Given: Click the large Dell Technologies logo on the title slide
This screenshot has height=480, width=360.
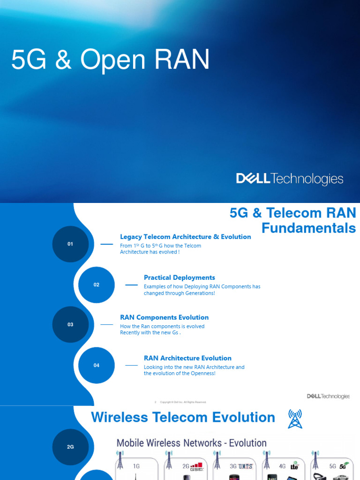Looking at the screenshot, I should pyautogui.click(x=290, y=179).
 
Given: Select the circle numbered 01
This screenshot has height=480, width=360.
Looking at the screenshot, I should pyautogui.click(x=70, y=244).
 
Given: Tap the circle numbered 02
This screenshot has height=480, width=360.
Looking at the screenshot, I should pyautogui.click(x=97, y=285).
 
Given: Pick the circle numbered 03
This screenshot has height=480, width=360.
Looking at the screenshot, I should pyautogui.click(x=70, y=324).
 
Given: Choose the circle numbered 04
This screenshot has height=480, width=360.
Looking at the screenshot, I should pyautogui.click(x=97, y=365).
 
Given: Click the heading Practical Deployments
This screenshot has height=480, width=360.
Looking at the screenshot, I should pyautogui.click(x=179, y=277).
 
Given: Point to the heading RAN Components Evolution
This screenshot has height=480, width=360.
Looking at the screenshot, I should pyautogui.click(x=164, y=317).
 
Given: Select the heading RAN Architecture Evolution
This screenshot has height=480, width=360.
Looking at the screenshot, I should pyautogui.click(x=187, y=358).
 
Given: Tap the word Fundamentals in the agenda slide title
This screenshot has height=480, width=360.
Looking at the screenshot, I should pyautogui.click(x=308, y=228).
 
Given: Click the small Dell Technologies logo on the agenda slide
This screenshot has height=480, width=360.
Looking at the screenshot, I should pyautogui.click(x=328, y=396).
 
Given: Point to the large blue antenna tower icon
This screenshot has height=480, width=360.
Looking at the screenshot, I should pyautogui.click(x=295, y=419).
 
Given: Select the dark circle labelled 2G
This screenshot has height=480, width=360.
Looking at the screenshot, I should pyautogui.click(x=70, y=447).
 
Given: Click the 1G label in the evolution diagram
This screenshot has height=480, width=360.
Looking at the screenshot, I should pyautogui.click(x=136, y=466).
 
